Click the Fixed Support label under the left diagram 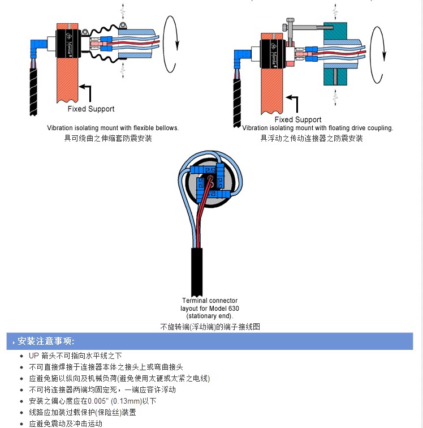[90, 109]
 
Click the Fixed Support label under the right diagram [297, 119]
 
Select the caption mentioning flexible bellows [113, 128]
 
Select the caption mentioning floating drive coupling [317, 128]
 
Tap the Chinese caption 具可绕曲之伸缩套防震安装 [108, 138]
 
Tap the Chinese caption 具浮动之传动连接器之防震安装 [312, 138]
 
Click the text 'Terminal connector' [210, 300]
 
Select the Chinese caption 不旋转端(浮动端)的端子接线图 [210, 327]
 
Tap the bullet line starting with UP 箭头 [75, 356]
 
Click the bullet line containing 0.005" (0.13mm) [92, 401]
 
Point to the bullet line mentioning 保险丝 [82, 412]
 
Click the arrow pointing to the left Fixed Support [86, 91]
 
